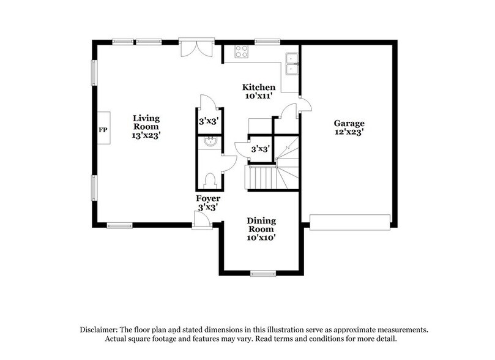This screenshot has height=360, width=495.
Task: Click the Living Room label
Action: coord(147,122)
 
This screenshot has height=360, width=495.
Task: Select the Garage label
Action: coord(349,122)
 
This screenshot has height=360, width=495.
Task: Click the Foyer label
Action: coord(208,199)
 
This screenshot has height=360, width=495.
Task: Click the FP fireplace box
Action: coord(103,130)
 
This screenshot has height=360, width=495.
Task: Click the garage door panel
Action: coord(351,221)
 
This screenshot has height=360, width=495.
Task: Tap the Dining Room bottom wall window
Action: coord(262,272)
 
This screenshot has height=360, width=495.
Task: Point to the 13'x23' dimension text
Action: coord(147,135)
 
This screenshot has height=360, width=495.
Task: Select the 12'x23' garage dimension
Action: coord(349,132)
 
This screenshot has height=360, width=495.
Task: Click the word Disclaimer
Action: coord(101,329)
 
